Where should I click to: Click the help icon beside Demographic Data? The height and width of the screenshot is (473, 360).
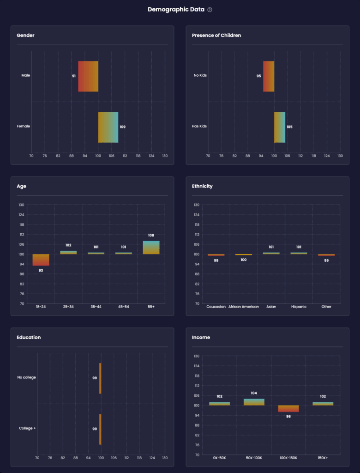(x=210, y=10)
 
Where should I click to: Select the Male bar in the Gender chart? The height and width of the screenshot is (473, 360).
(x=88, y=76)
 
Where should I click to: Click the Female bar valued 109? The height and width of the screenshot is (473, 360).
(x=108, y=127)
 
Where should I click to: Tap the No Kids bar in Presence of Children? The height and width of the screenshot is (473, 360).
(x=269, y=76)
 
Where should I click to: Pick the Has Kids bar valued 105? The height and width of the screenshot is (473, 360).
(x=280, y=127)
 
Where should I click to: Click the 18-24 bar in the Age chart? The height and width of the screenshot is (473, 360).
(x=41, y=260)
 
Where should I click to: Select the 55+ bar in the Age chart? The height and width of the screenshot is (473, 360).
(x=151, y=248)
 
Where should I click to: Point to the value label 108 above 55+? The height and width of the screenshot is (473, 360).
(x=151, y=235)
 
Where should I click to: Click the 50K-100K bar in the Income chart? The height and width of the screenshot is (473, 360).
(x=254, y=402)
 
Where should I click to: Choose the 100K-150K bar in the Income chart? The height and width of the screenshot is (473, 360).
(x=288, y=408)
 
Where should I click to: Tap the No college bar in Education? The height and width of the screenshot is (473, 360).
(x=100, y=378)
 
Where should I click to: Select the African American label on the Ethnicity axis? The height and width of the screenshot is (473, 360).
(x=244, y=307)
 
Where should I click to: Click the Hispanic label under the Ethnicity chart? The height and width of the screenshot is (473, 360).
(x=299, y=307)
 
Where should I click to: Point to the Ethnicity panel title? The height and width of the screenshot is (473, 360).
(x=202, y=186)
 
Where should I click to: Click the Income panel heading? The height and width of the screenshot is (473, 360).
(x=201, y=337)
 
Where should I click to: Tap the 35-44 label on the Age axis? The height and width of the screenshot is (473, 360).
(x=96, y=307)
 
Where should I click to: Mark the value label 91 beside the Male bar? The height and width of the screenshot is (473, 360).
(x=74, y=76)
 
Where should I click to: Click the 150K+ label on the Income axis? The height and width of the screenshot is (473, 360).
(x=323, y=458)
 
